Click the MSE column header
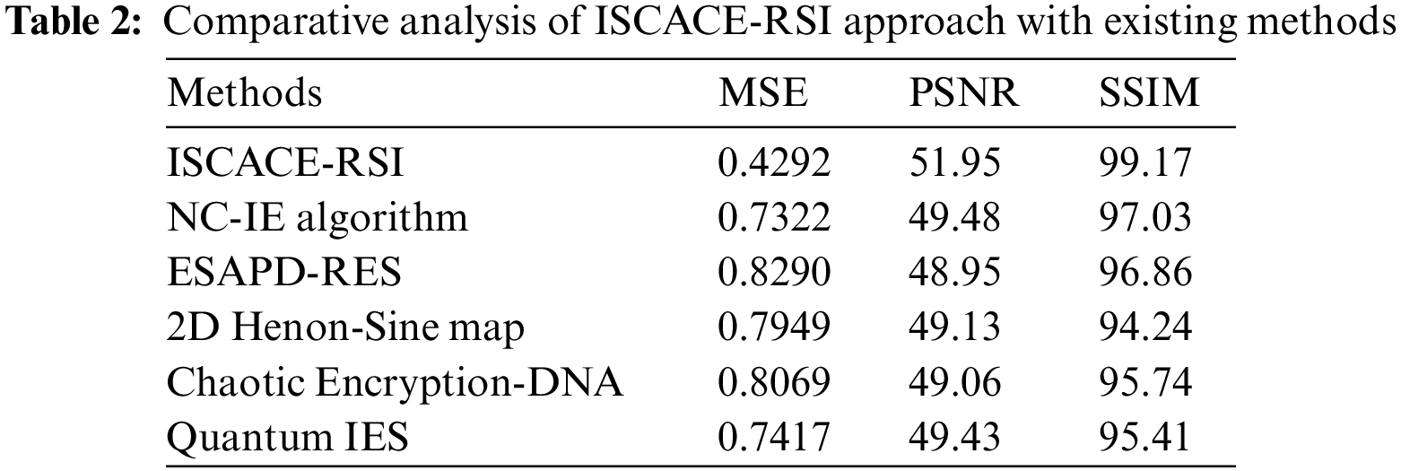[x=762, y=93]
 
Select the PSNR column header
[x=964, y=93]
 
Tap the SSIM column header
[x=1149, y=93]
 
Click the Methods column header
[x=245, y=93]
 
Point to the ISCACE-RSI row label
[x=286, y=163]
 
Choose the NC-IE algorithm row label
[x=318, y=218]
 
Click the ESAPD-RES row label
[x=283, y=273]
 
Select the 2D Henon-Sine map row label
[x=345, y=328]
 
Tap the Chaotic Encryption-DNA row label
[x=395, y=383]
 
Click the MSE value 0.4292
[x=774, y=163]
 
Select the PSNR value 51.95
[x=954, y=163]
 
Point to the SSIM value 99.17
[x=1145, y=163]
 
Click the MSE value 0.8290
[x=774, y=273]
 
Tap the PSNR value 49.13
[x=954, y=328]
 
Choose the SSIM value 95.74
[x=1145, y=383]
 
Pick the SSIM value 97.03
[x=1145, y=218]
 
